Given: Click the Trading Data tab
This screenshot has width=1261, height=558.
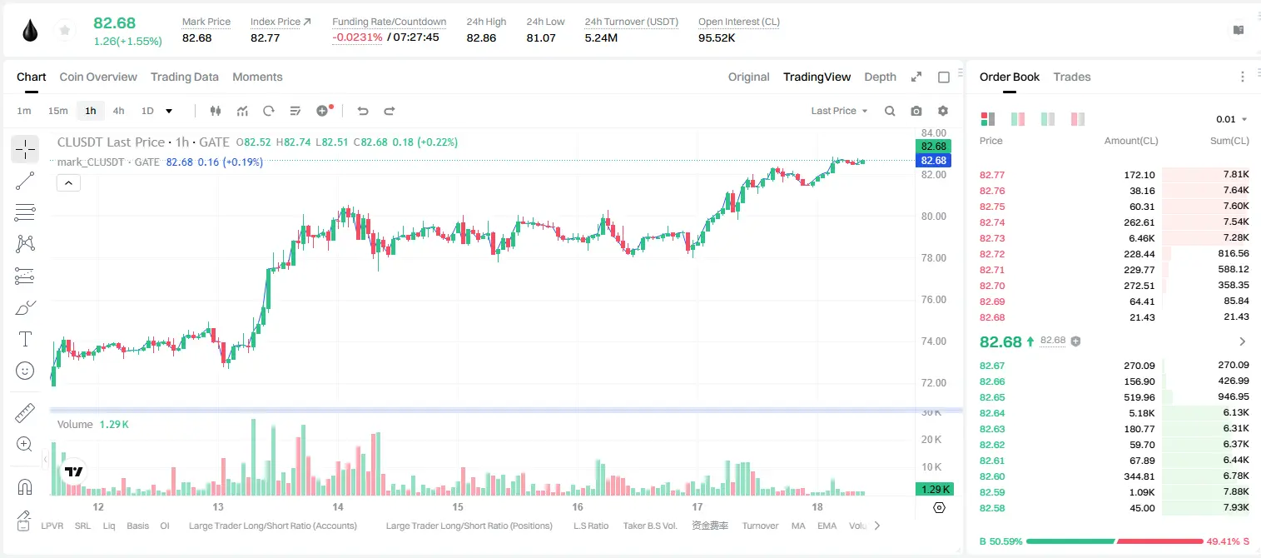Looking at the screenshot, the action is pos(184,77).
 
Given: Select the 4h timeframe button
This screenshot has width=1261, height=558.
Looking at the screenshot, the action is pos(118,111).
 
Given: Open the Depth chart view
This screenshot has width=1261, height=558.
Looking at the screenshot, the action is pos(880,77).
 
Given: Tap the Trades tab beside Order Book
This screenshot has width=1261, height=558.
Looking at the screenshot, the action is pos(1071,77).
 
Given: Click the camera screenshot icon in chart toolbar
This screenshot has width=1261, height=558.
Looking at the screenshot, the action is pos(916,111).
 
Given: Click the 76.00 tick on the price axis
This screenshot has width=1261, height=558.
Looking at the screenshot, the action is pos(933,300).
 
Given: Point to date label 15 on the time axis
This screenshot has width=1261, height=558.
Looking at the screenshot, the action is pos(458,506).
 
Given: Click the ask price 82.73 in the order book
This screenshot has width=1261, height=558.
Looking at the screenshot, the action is pos(991,238).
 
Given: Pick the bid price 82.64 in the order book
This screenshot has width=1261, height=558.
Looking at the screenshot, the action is pos(991,413).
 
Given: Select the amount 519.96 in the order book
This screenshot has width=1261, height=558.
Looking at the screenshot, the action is pos(1139,397).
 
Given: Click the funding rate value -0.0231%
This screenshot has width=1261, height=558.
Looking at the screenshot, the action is pos(357,37).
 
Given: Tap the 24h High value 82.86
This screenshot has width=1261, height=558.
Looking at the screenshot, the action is pos(481,37).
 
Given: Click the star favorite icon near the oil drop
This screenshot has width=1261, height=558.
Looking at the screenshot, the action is pos(65,30).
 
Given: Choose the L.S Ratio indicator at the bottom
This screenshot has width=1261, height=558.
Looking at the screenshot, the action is pos(590,526).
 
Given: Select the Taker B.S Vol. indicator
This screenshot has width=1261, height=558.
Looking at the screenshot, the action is pos(649,526).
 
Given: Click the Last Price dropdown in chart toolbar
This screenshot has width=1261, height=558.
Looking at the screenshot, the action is pos(839,111).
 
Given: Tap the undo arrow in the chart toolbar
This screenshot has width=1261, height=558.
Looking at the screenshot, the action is pos(363,111).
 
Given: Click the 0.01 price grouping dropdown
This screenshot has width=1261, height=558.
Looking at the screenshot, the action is pos(1231,119).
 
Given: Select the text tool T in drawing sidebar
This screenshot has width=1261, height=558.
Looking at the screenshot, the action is pos(25,339).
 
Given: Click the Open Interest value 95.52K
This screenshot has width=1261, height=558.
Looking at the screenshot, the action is pos(716,37).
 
